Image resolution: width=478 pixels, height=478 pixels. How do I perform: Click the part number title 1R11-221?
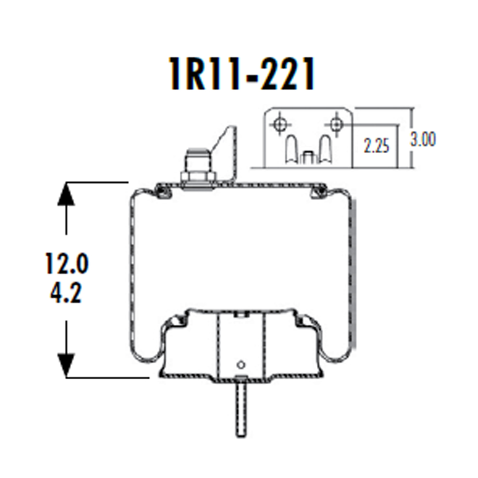[x=242, y=75]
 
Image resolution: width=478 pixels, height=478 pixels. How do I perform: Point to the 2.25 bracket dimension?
[x=377, y=146]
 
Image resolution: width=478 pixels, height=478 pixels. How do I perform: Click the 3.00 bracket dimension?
[x=423, y=140]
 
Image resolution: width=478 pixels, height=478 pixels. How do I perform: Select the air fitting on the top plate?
[x=197, y=166]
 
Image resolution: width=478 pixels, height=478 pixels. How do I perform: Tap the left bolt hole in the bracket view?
[x=279, y=124]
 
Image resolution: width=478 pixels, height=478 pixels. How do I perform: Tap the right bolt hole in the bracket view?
[x=336, y=124]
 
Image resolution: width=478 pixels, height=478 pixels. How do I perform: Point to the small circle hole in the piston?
[x=241, y=365]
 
